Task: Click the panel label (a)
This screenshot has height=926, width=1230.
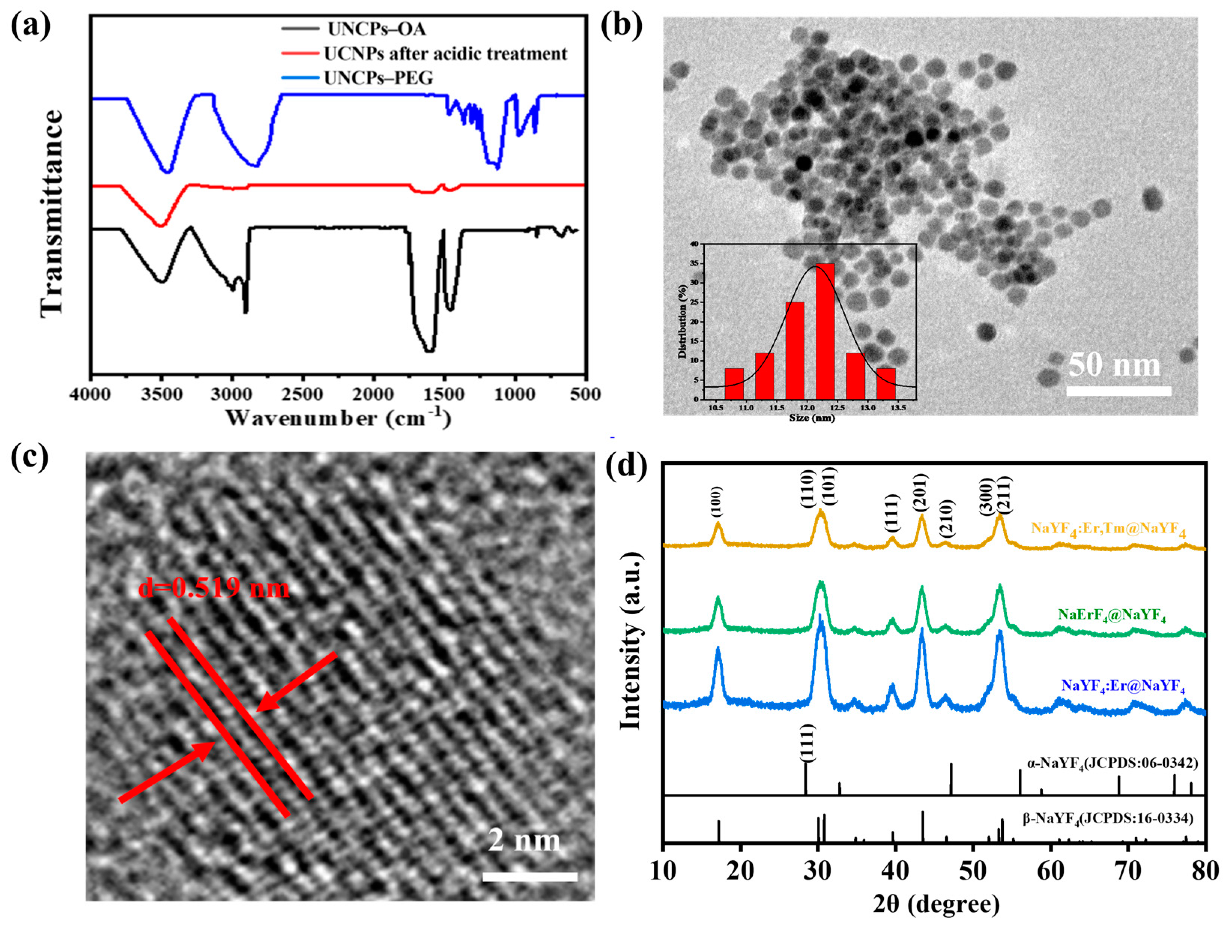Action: pos(31,25)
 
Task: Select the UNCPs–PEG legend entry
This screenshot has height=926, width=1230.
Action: pos(378,78)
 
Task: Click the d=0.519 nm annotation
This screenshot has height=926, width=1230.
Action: pos(214,588)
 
